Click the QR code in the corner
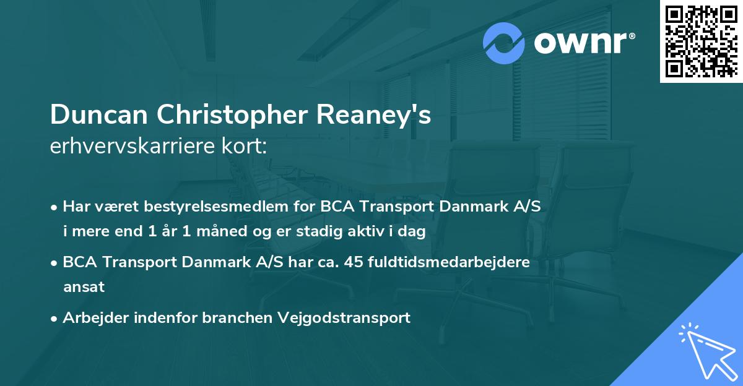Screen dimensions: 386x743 click(701, 41)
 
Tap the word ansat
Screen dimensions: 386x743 click(84, 287)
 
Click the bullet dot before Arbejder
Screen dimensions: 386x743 click(55, 318)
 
